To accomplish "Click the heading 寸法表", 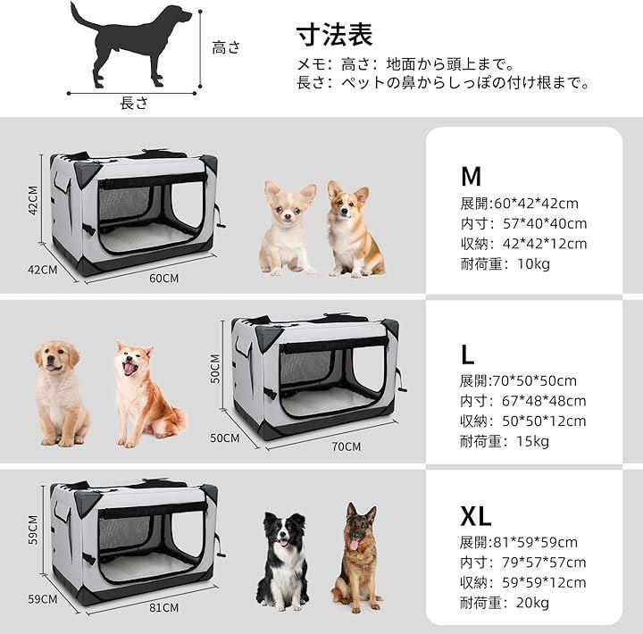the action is [334, 35].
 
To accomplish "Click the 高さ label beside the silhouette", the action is [226, 47].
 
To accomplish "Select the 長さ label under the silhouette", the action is [134, 103].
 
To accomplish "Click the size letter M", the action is [471, 176].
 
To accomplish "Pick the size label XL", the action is [476, 516].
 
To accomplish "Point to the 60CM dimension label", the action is [163, 279].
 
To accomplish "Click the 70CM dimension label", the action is [347, 446].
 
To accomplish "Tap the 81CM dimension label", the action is [163, 607].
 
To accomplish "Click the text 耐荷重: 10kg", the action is [505, 263].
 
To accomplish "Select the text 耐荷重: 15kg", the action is [505, 441].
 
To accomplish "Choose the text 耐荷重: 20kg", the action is [505, 603].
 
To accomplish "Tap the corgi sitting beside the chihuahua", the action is [354, 229].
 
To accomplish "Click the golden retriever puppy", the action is [61, 393].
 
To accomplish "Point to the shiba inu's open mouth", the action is [130, 367].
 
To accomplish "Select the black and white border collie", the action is [283, 561].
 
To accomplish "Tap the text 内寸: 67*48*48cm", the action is [522, 401].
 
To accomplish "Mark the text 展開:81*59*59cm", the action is [518, 543].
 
